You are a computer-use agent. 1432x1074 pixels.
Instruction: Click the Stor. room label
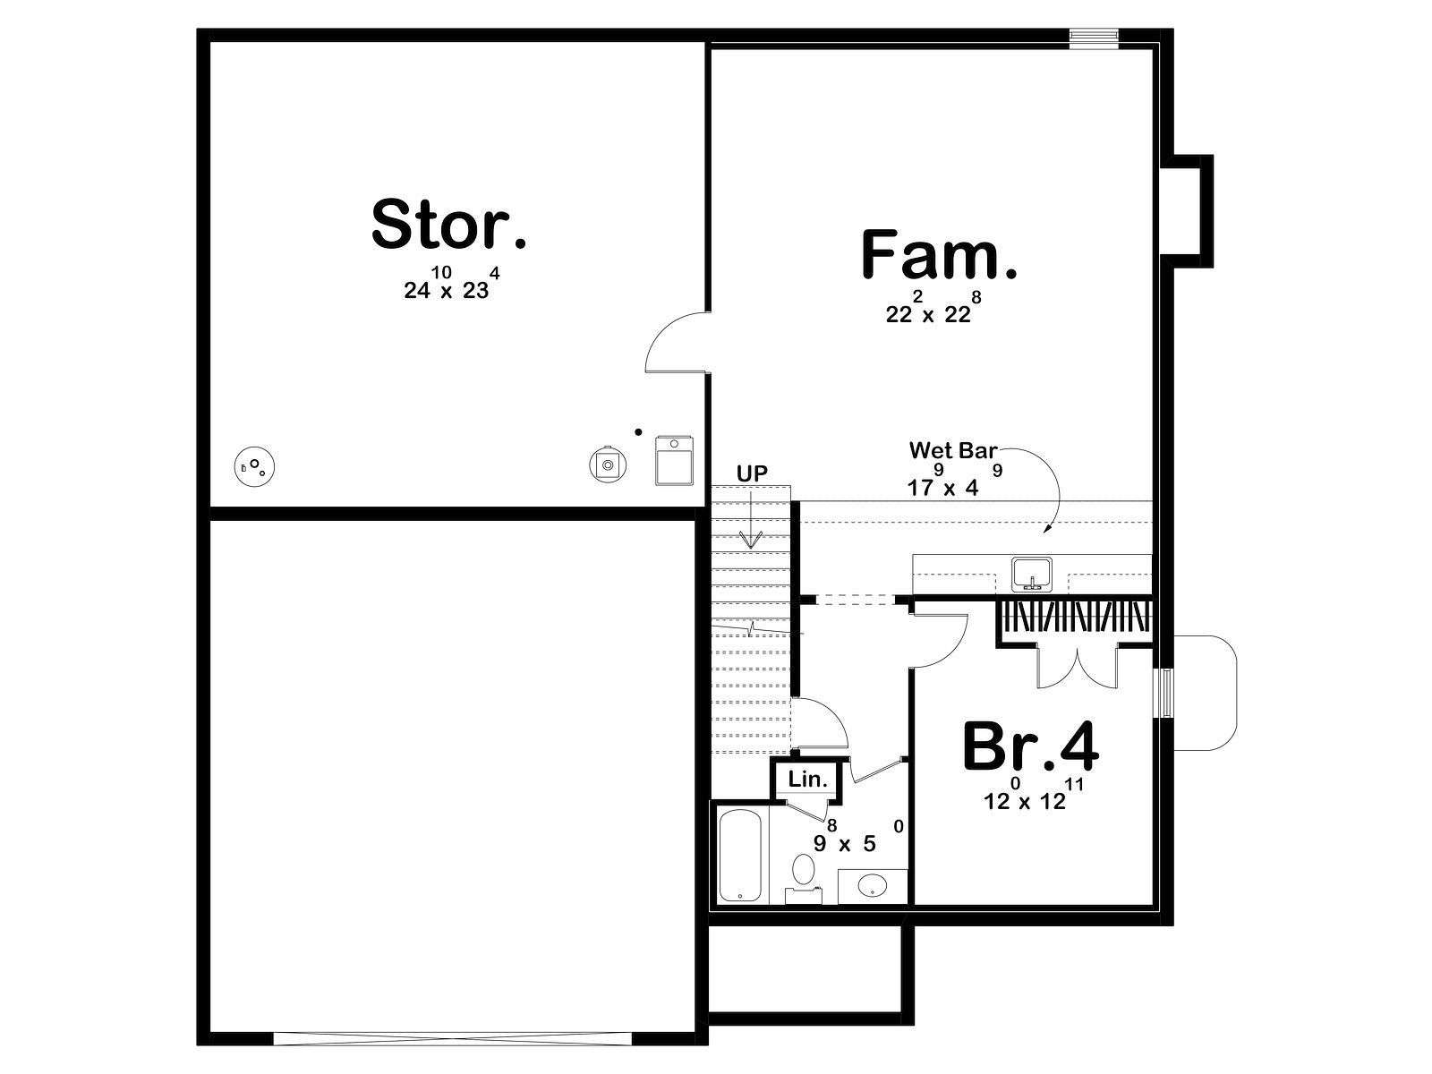(449, 224)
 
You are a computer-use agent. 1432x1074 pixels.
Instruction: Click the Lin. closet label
(807, 780)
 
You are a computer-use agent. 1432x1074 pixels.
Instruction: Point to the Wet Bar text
(953, 450)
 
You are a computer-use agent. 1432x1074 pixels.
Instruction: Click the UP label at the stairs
(752, 474)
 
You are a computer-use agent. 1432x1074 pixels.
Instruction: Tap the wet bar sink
(1031, 574)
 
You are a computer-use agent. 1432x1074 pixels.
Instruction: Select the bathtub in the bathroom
(740, 855)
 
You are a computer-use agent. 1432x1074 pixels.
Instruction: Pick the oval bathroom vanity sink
(873, 885)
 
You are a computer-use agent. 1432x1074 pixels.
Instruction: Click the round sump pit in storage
(254, 467)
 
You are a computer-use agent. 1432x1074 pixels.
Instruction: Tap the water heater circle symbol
(608, 465)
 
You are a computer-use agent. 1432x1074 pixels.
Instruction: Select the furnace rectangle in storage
(675, 461)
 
